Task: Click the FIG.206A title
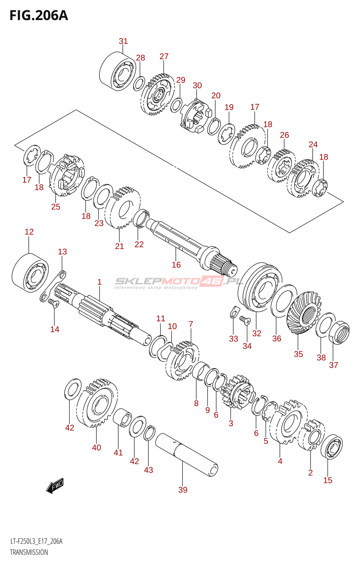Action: pyautogui.click(x=38, y=16)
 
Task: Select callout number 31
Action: pyautogui.click(x=123, y=41)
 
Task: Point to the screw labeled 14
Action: pyautogui.click(x=53, y=303)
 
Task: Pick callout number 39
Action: pyautogui.click(x=183, y=490)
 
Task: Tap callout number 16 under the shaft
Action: pyautogui.click(x=176, y=265)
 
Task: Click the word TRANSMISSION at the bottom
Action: pyautogui.click(x=29, y=552)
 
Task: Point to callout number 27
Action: pyautogui.click(x=164, y=56)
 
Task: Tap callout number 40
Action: pyautogui.click(x=96, y=447)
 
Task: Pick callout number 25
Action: pyautogui.click(x=56, y=207)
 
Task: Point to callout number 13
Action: pyautogui.click(x=62, y=252)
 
